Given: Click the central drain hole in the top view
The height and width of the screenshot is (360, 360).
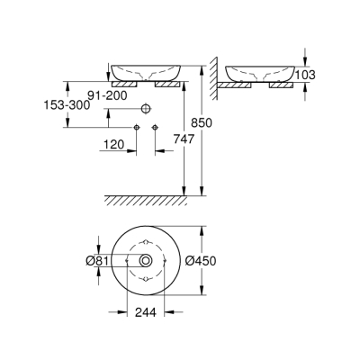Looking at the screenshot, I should point(145,262).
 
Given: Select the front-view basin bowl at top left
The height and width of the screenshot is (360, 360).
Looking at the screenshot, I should point(144,70).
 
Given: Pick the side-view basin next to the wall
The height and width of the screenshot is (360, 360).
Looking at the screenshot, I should point(261,71).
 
